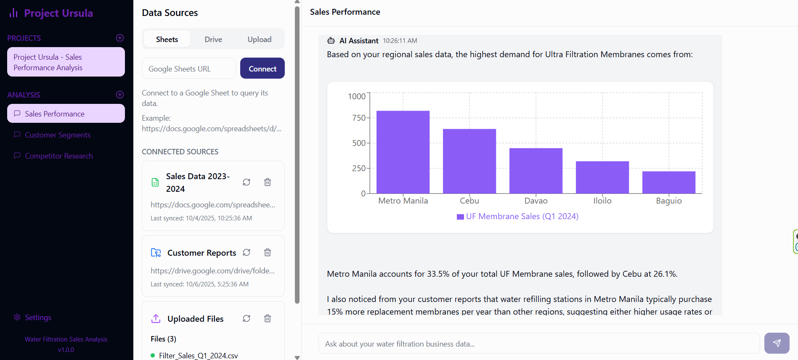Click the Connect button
(x=262, y=68)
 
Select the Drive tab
(x=213, y=39)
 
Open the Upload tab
(x=260, y=39)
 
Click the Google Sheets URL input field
(x=189, y=68)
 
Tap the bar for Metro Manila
(x=403, y=152)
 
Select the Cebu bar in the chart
(x=469, y=161)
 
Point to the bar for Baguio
(x=669, y=182)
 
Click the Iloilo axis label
(x=602, y=201)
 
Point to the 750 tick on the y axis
(x=359, y=118)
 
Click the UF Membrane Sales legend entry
(x=518, y=216)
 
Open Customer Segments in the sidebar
(x=58, y=135)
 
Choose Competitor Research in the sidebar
(x=59, y=156)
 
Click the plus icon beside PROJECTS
(x=120, y=38)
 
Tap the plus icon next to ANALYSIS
(x=120, y=95)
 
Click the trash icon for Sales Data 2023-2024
(x=268, y=182)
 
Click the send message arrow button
(x=777, y=343)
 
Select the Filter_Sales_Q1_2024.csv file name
(x=199, y=356)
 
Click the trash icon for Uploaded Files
(x=268, y=318)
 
